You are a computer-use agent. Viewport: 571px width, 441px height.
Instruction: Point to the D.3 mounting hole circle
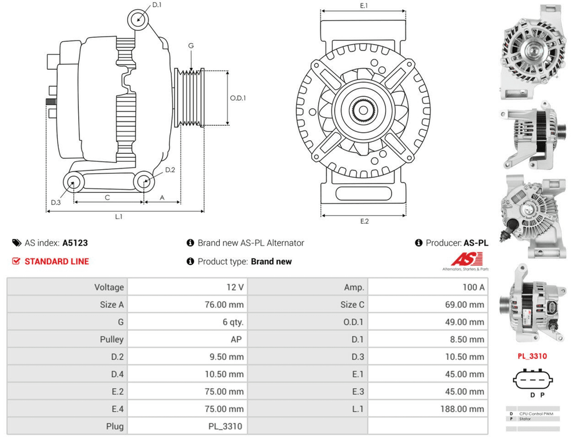[x=73, y=183]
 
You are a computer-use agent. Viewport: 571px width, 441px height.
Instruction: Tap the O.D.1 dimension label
[x=238, y=98]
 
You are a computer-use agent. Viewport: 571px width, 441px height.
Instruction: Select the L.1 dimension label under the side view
[x=119, y=217]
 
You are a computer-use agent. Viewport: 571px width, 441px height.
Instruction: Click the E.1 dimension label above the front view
[x=364, y=6]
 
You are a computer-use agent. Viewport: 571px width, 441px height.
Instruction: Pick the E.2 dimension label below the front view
[x=364, y=221]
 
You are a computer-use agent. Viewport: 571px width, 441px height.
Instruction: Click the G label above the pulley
[x=191, y=46]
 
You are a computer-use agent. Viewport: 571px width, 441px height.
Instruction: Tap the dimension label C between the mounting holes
[x=107, y=197]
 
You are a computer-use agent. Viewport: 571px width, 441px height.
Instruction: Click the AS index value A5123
[x=75, y=243]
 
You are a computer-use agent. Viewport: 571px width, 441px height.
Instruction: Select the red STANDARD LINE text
[x=57, y=261]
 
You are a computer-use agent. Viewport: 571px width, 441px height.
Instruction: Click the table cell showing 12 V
[x=234, y=287]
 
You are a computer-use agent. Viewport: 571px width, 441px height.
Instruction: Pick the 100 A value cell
[x=473, y=287]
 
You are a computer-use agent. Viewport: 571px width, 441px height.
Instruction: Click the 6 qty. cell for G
[x=233, y=322]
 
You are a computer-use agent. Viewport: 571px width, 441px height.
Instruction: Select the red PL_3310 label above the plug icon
[x=532, y=356]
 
